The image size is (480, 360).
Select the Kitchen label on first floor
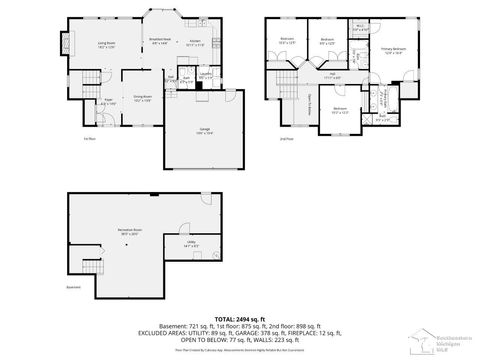(195, 43)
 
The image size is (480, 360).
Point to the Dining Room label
(142, 99)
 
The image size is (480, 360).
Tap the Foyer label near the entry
(108, 100)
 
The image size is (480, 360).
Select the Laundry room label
(205, 75)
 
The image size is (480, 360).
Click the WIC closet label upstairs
(360, 29)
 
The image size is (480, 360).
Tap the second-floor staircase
(293, 80)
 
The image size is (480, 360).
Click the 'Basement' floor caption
(73, 288)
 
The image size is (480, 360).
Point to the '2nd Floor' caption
(286, 138)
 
